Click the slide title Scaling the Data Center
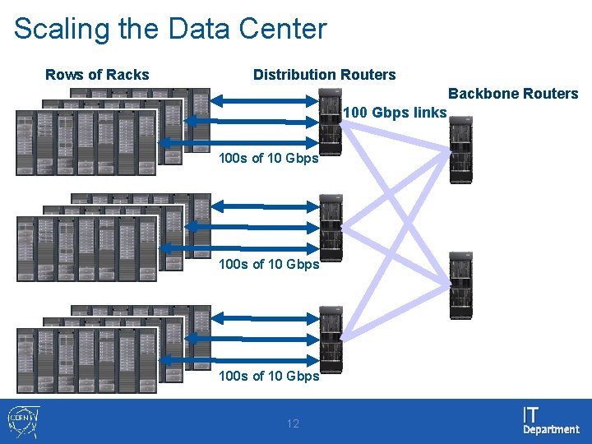pos(170,29)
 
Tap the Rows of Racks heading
pos(97,75)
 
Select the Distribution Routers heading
pos(324,75)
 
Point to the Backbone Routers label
pos(513,94)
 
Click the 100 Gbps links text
pos(395,113)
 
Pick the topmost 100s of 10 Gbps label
pos(269,159)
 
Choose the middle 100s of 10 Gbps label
pos(269,264)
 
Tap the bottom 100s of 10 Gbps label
pos(269,376)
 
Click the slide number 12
pos(293,423)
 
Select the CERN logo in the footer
pos(21,420)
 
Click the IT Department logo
pos(550,420)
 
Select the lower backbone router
pos(460,285)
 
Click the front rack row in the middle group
pos(86,249)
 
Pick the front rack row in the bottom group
pos(86,361)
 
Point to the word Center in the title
pos(283,29)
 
